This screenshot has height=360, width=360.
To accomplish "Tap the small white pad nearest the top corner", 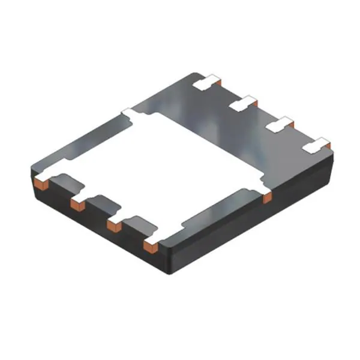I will (208, 82).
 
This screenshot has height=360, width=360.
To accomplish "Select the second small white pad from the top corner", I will (243, 103).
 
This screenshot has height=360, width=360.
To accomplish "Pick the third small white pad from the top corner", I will (279, 124).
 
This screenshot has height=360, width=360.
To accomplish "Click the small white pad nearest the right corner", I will (317, 146).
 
